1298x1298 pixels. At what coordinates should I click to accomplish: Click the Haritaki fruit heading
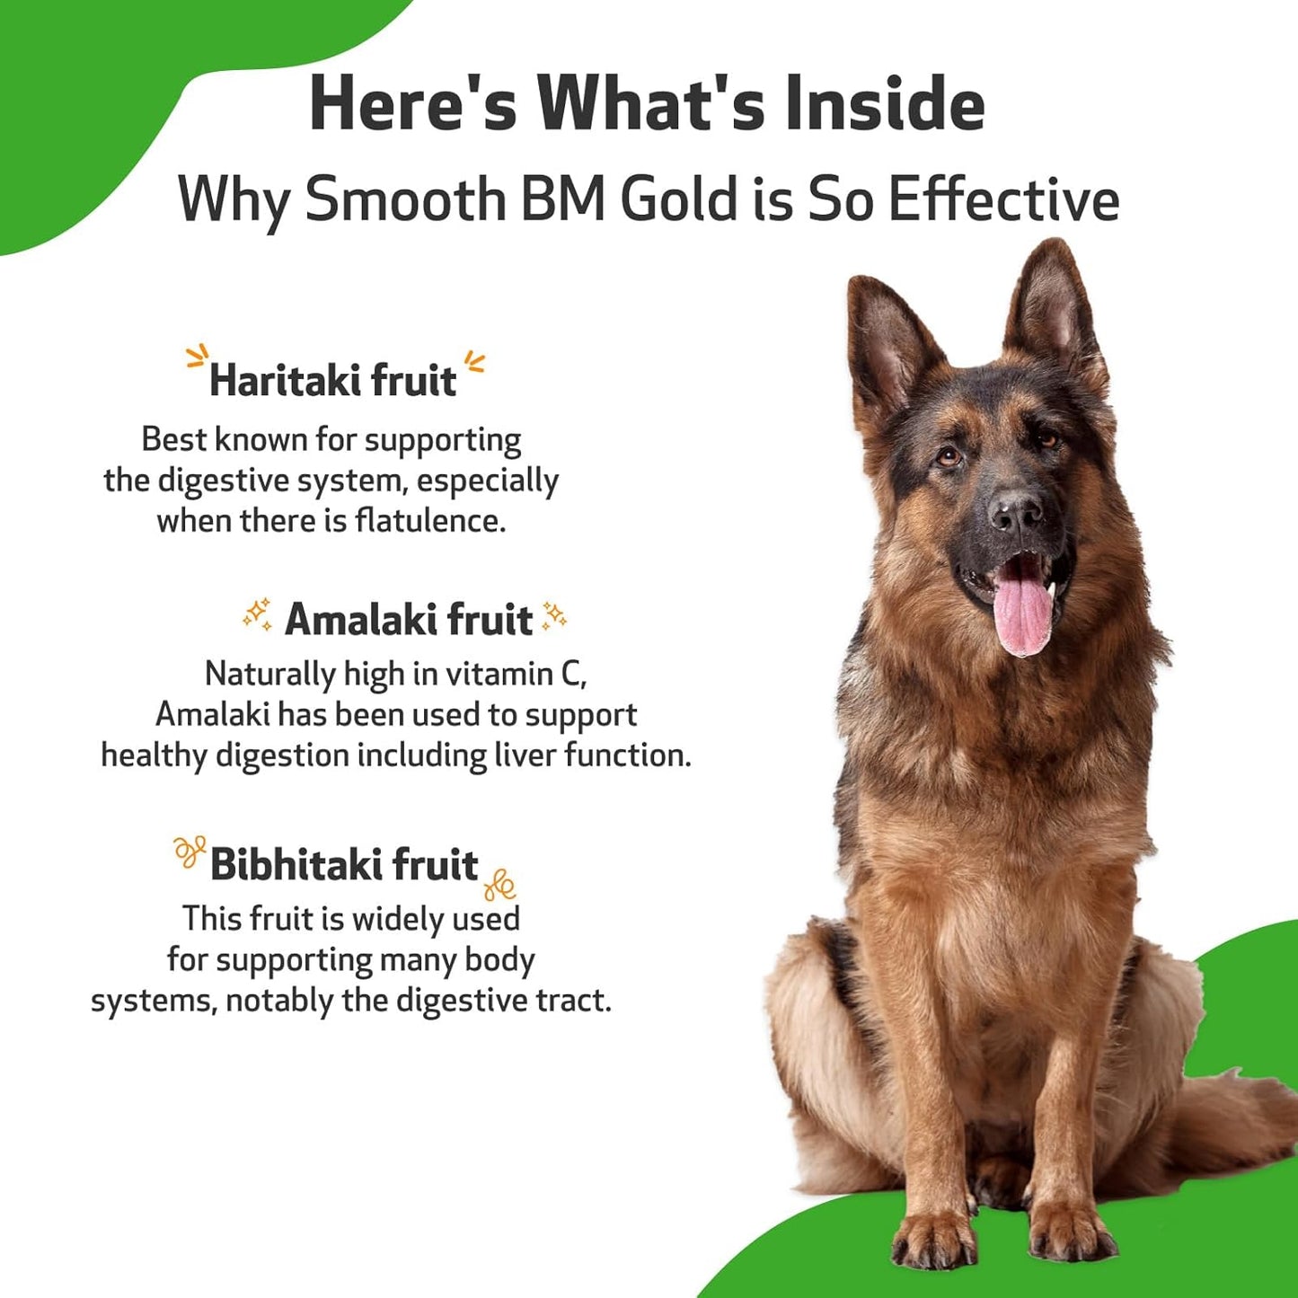pyautogui.click(x=333, y=381)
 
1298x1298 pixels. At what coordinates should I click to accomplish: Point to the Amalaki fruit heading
pyautogui.click(x=409, y=620)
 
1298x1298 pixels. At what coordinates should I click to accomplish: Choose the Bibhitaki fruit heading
pyautogui.click(x=344, y=865)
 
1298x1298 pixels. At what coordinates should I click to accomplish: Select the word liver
pyautogui.click(x=525, y=755)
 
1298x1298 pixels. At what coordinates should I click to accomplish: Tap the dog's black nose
pyautogui.click(x=1016, y=512)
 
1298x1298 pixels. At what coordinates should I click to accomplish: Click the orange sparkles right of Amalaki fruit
pyautogui.click(x=554, y=616)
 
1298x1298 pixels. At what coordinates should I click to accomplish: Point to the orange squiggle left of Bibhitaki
pyautogui.click(x=190, y=851)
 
